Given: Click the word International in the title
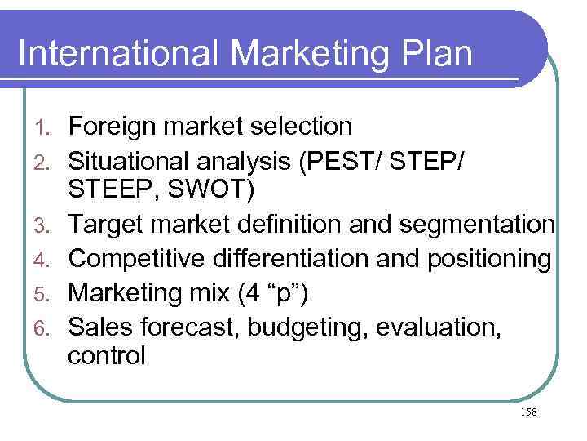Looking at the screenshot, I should point(117,53).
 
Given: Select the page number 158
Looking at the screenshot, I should point(527,412).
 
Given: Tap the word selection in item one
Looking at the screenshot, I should point(298,127).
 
